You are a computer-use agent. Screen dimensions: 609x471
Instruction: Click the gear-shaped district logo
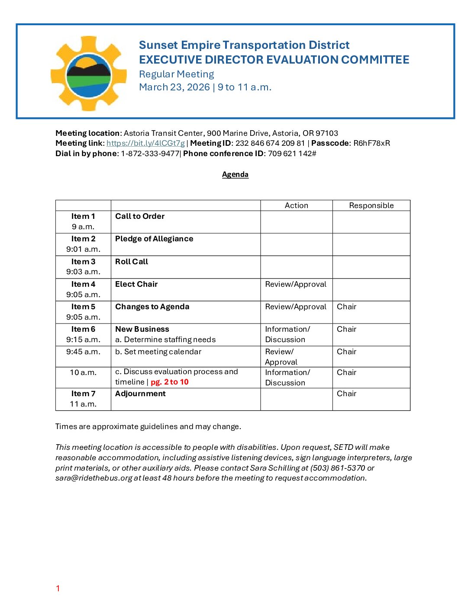coord(88,74)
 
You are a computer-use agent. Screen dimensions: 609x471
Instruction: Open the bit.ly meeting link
coord(145,143)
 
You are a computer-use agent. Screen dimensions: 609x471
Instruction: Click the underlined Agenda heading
coord(235,174)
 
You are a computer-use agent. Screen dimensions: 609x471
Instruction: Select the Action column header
coord(296,205)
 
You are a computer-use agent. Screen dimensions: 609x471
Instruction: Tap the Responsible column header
coord(371,205)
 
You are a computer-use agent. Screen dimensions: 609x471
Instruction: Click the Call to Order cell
coord(140,216)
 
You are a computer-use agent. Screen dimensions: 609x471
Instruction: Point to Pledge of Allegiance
coord(154,239)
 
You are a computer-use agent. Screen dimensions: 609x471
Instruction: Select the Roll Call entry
coord(132,262)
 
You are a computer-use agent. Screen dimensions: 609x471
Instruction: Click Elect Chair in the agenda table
coord(136,284)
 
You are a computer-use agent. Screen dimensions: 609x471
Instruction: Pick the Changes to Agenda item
coord(152,307)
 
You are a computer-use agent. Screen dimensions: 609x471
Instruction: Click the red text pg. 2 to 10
coord(170,382)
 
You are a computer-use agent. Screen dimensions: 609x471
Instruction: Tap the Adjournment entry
coord(140,394)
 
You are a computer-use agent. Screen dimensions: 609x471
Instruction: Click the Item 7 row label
coord(83,394)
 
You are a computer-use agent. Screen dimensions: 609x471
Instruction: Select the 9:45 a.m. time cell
coord(83,352)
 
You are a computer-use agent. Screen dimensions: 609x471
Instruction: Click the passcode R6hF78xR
coord(371,143)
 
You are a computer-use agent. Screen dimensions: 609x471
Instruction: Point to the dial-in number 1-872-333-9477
coord(150,154)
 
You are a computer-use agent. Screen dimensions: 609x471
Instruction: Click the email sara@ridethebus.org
coord(94,478)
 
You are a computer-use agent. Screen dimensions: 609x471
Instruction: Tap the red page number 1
coord(58,588)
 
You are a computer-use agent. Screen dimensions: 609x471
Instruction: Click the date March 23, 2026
coord(174,87)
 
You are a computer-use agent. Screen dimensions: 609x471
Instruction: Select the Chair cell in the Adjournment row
coord(346,394)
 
